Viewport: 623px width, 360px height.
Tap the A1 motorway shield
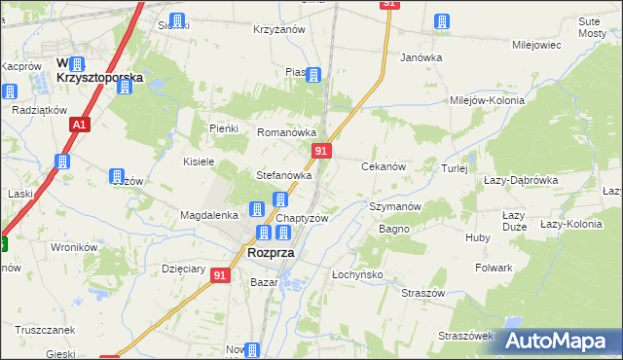(80, 126)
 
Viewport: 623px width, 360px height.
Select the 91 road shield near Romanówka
(322, 151)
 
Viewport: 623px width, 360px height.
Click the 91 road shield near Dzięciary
(221, 276)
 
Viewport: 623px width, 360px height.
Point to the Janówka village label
(421, 57)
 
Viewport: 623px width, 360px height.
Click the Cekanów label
(384, 167)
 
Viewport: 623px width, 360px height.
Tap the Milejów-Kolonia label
(487, 100)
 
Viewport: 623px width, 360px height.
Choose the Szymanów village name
(395, 206)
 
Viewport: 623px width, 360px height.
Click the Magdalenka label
(209, 215)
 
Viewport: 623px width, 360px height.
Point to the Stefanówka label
(283, 176)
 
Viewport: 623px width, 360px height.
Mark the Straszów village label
(423, 293)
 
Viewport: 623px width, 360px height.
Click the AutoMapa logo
(557, 341)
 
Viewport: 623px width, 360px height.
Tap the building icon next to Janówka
(442, 21)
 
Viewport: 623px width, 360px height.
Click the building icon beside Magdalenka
(256, 208)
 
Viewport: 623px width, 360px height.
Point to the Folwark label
(494, 267)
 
